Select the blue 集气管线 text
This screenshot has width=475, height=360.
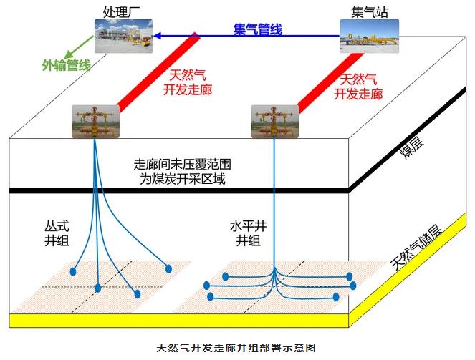click(x=258, y=29)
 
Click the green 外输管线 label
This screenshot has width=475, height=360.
click(x=65, y=66)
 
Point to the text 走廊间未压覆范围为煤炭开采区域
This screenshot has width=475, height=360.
click(x=183, y=172)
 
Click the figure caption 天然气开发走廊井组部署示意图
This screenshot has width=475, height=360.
click(x=237, y=349)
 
